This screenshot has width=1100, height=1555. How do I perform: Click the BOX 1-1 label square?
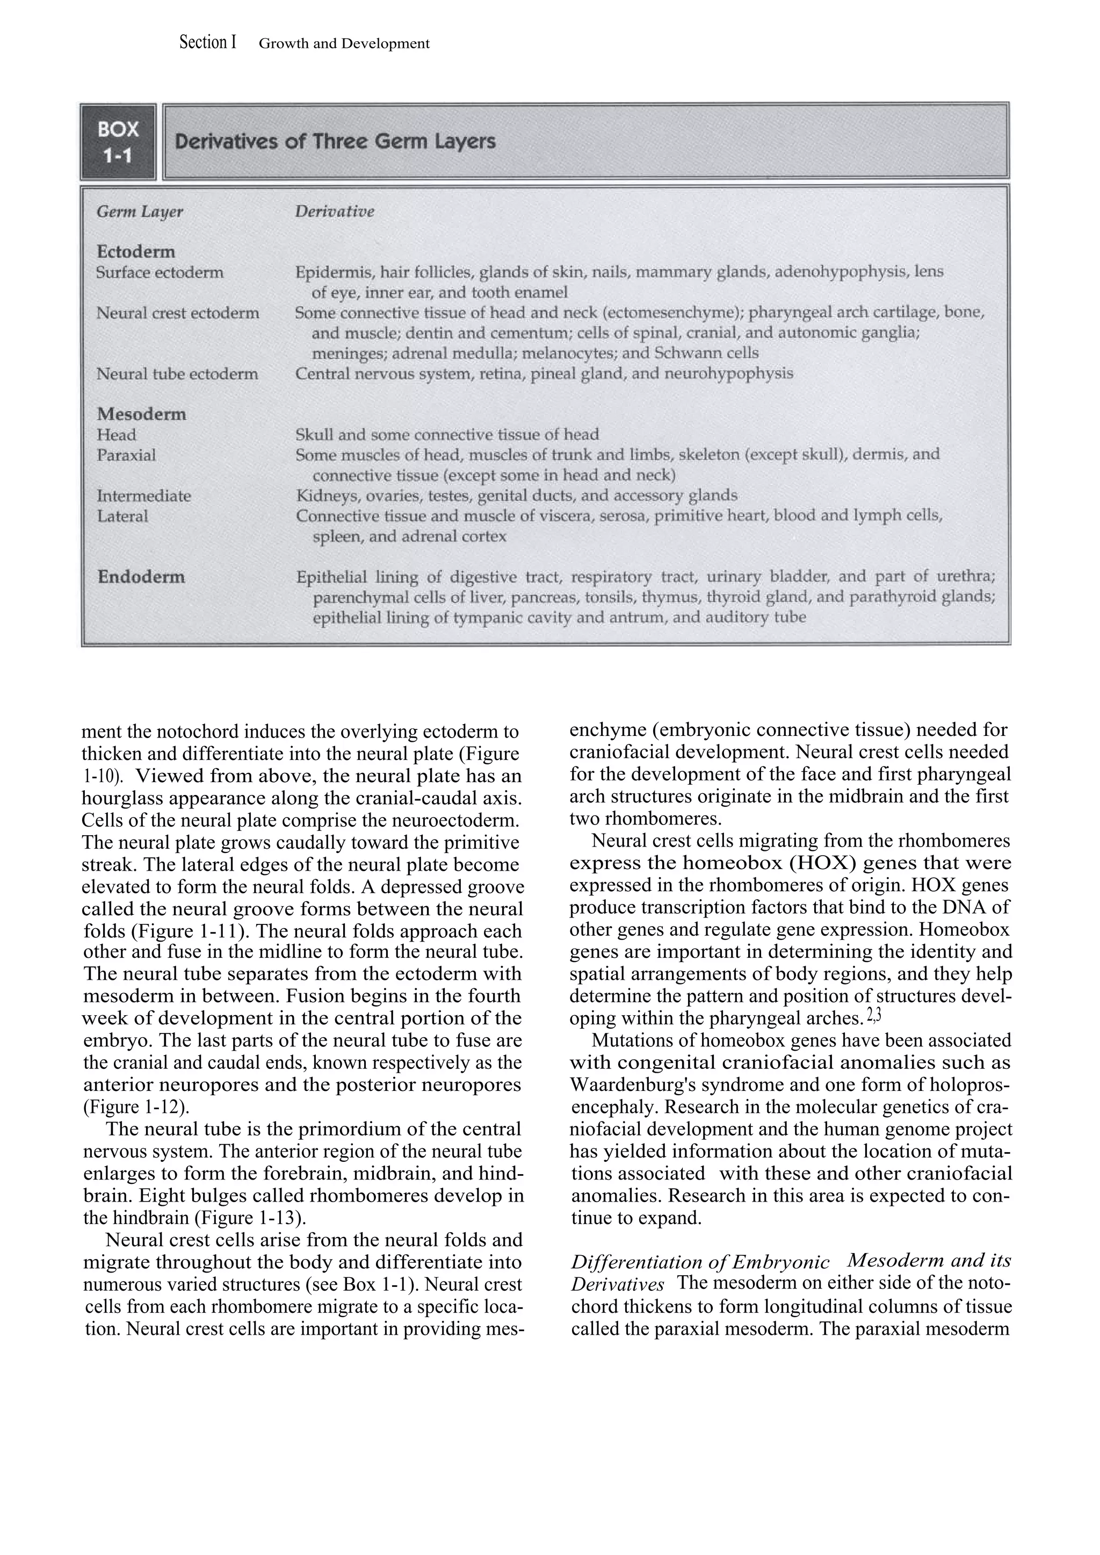pos(118,142)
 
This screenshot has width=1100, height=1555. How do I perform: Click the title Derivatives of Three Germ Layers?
pos(335,142)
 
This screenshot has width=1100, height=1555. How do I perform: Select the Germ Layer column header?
pos(140,212)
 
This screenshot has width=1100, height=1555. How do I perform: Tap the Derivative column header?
pos(335,212)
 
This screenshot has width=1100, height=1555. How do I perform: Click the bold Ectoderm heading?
pos(135,252)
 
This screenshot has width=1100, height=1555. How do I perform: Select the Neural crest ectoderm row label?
pos(177,313)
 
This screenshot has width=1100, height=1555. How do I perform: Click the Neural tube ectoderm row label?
pos(177,374)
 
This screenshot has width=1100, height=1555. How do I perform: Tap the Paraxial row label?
pos(126,455)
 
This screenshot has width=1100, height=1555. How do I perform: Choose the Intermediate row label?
pos(143,496)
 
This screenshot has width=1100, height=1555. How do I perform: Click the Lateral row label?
pos(122,516)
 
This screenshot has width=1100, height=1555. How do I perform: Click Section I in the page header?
pos(207,44)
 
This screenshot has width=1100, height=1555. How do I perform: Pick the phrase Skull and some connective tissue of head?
pos(447,434)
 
